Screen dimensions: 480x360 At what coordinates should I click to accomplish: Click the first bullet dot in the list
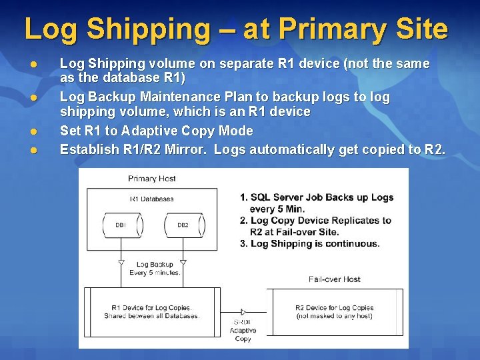31,64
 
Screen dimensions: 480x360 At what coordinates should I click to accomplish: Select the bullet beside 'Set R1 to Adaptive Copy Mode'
31,131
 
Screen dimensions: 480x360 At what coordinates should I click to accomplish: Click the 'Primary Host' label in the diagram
151,179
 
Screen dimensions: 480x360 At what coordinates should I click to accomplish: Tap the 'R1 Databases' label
151,199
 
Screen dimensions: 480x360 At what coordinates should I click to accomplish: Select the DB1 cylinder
121,225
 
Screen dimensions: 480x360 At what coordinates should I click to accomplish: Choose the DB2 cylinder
182,225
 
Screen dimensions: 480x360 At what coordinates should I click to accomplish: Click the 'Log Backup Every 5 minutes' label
155,269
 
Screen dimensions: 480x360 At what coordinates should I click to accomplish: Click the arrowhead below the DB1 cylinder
121,263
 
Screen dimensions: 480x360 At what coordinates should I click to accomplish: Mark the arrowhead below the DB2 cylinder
182,263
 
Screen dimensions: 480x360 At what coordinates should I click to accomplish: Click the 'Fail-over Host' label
335,279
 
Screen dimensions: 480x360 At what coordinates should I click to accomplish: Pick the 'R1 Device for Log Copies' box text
152,311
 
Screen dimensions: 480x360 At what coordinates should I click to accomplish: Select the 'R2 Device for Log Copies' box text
334,311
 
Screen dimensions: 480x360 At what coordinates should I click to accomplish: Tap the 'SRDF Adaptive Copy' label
243,330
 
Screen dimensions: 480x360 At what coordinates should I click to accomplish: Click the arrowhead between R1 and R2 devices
243,312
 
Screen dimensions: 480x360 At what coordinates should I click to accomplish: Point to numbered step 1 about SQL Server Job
317,203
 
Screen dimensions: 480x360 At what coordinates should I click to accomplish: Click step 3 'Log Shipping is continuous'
310,243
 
